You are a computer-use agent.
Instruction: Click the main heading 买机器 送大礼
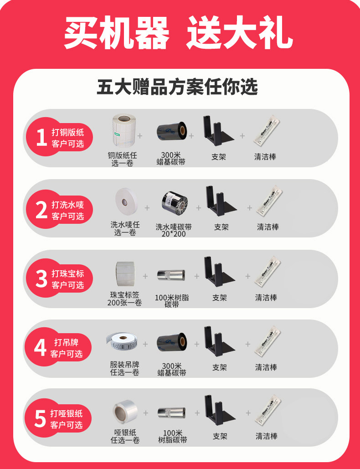pos(178,33)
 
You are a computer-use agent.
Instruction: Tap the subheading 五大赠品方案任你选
pos(177,87)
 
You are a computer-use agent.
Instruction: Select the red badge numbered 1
pos(59,137)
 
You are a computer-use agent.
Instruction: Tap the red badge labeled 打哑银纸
pos(59,418)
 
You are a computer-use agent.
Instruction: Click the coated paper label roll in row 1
pos(124,130)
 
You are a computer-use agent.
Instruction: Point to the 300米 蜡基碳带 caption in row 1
pos(171,159)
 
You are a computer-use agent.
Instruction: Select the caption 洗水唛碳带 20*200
pos(174,230)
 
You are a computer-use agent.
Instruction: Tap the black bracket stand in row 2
pos(221,201)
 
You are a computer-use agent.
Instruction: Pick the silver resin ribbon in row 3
pos(171,275)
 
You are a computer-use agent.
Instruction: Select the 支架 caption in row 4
pos(220,367)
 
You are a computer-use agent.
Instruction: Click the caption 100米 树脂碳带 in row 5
pos(173,436)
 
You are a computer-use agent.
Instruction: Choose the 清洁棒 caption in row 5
pos(267,436)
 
